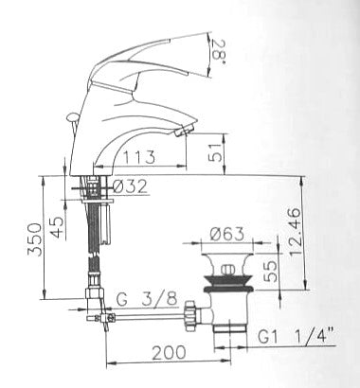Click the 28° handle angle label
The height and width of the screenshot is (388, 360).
click(218, 49)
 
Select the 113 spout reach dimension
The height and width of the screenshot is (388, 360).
click(139, 157)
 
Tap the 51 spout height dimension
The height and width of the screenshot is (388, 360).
click(216, 152)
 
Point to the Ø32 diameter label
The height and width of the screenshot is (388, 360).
click(130, 186)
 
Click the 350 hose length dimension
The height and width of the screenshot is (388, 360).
click(34, 239)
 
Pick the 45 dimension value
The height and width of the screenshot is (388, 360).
click(57, 228)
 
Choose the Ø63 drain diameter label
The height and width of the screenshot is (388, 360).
click(227, 234)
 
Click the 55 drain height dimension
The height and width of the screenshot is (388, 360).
click(270, 272)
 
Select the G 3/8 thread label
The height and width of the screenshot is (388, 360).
click(147, 299)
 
